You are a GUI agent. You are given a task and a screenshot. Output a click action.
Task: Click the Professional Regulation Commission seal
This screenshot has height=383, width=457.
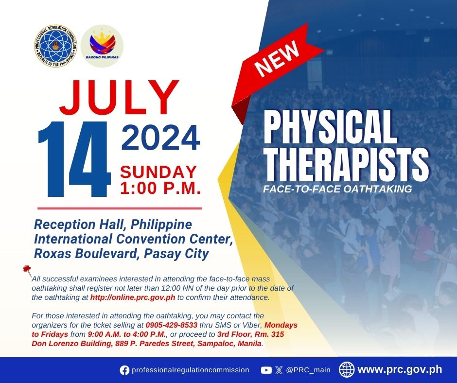[56, 46]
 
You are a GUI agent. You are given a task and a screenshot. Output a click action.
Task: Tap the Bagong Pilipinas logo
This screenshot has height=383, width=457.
[102, 46]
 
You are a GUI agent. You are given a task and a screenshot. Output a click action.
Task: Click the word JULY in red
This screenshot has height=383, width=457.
[119, 97]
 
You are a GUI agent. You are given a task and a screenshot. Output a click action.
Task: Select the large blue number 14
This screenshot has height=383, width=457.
[74, 158]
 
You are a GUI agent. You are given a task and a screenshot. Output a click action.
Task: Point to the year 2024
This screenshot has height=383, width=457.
[160, 138]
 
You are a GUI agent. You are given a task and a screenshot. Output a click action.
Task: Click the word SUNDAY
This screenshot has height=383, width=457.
[158, 172]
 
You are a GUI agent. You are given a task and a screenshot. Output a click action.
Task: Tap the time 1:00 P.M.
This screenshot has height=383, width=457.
[160, 188]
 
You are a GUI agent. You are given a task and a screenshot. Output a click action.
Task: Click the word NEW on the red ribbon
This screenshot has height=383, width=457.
[277, 58]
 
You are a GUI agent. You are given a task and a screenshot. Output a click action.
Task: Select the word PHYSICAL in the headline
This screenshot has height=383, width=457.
[331, 127]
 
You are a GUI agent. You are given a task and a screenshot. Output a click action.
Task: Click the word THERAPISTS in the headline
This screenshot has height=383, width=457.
[346, 165]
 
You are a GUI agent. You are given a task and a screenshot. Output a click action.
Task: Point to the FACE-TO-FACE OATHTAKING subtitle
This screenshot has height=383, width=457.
[337, 189]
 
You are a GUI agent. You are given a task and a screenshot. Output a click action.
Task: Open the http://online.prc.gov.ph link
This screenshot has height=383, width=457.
[133, 297]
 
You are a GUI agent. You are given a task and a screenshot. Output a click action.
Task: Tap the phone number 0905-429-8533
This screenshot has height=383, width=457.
[171, 325]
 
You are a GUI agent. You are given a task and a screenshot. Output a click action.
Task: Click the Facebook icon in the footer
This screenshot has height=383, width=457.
[124, 370]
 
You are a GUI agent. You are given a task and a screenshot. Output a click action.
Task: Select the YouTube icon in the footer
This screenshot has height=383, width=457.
[266, 370]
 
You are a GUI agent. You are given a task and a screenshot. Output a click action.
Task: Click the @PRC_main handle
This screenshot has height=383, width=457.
[308, 370]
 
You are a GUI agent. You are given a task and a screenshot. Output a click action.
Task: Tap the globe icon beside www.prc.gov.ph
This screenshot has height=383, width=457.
[347, 369]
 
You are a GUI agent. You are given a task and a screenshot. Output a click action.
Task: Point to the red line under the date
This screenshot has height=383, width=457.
[120, 209]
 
